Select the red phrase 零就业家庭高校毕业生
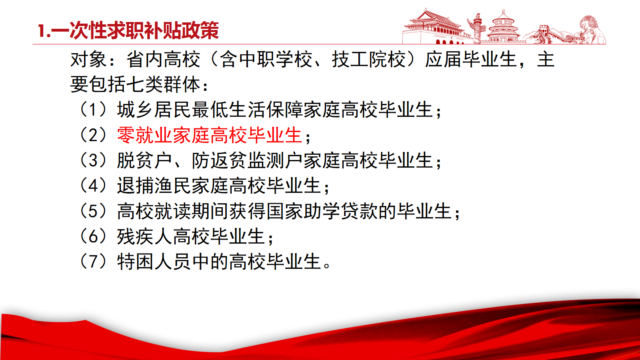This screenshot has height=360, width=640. click(x=210, y=135)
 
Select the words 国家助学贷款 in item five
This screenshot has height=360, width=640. click(x=322, y=211)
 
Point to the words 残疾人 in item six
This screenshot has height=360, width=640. click(x=144, y=236)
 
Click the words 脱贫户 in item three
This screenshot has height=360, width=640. click(x=144, y=160)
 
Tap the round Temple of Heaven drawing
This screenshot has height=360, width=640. click(x=504, y=27)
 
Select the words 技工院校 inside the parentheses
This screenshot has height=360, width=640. click(x=368, y=60)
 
